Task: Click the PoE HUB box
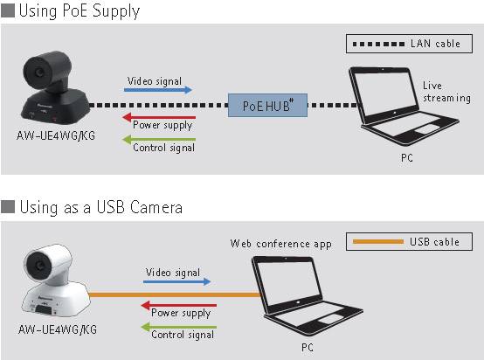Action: tap(267, 105)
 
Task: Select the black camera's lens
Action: tap(39, 73)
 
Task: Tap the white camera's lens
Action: tap(39, 265)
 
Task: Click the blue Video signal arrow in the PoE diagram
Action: tap(158, 90)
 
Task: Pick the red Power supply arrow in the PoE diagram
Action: tap(159, 117)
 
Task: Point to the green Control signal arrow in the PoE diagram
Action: tap(159, 140)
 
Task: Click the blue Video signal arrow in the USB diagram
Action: tap(177, 281)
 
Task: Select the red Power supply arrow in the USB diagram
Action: tap(179, 305)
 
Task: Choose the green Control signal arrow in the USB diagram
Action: tap(179, 327)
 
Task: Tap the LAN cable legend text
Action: tap(435, 44)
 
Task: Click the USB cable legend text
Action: tap(434, 241)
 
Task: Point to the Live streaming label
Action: tap(446, 92)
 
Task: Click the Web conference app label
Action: tap(281, 244)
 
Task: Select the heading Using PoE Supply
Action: tap(80, 10)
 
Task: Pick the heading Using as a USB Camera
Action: tap(101, 207)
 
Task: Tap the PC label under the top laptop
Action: tap(407, 158)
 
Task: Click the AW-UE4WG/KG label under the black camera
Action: tap(56, 135)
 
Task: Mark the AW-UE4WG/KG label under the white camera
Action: tap(58, 329)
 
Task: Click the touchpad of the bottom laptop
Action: tap(330, 319)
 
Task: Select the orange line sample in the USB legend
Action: tap(378, 241)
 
